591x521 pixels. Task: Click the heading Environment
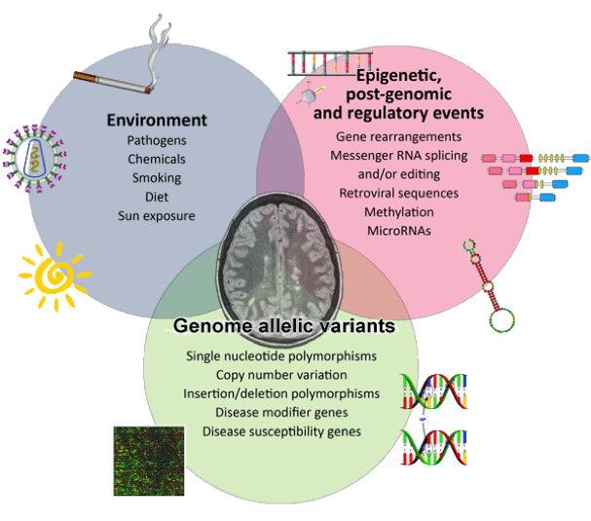pos(158,121)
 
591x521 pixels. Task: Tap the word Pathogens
pos(158,141)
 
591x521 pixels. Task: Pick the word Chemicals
pos(158,160)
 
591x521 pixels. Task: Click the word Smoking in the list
pos(158,178)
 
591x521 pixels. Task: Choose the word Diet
pos(158,197)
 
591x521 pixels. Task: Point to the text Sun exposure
pos(158,215)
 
